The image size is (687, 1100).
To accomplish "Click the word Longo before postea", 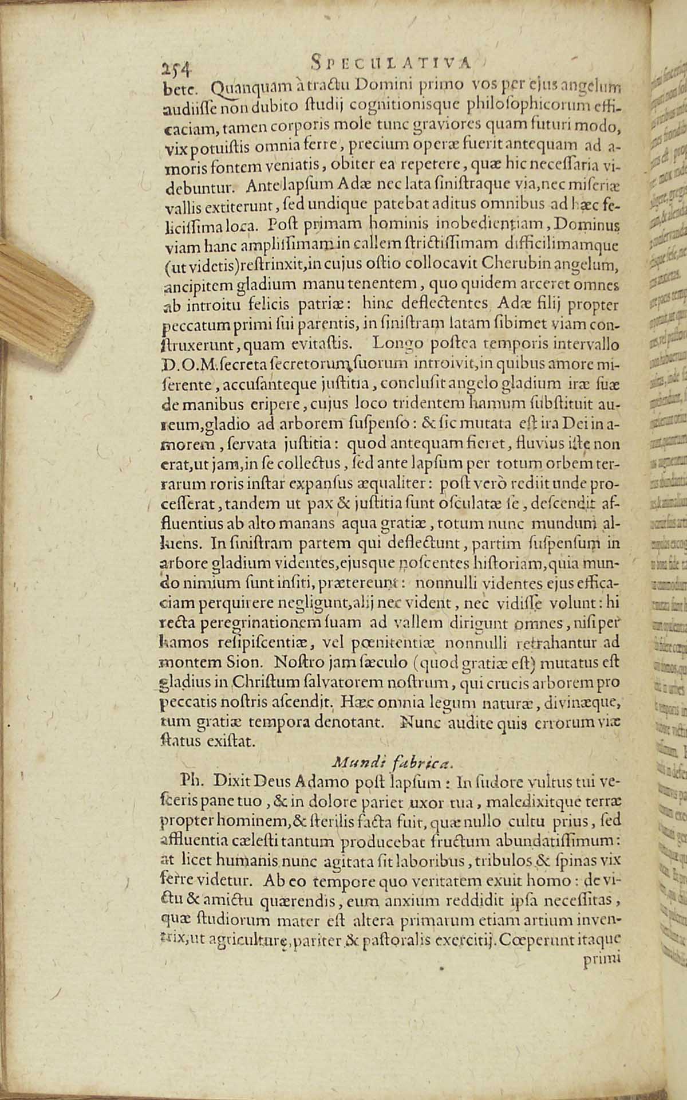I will (x=397, y=344).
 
